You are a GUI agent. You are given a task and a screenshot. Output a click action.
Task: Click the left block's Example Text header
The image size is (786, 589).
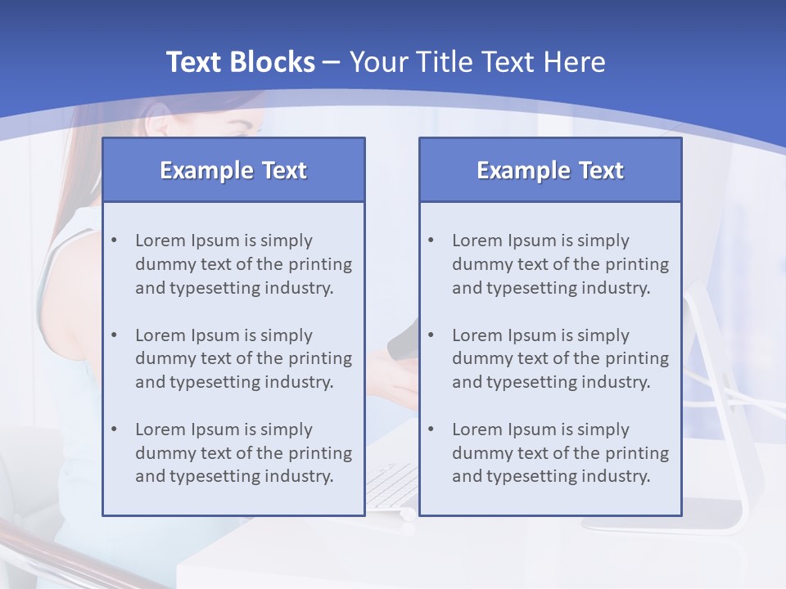[233, 170]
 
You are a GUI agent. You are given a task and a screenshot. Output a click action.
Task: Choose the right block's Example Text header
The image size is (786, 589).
[550, 170]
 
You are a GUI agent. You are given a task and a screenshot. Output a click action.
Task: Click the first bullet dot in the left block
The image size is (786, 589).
[114, 241]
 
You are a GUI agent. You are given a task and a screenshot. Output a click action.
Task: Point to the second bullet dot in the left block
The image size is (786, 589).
[114, 335]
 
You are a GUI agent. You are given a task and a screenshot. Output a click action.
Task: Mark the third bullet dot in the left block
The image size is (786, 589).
[114, 429]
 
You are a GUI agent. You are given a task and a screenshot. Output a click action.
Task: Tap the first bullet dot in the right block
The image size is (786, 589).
[431, 241]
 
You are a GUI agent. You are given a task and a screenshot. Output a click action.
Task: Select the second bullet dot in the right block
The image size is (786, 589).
[431, 335]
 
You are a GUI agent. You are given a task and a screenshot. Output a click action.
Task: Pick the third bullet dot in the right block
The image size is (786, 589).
[431, 429]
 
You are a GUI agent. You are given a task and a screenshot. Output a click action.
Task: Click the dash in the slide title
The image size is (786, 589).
[332, 62]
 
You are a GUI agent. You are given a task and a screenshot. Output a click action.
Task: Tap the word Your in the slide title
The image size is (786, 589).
[375, 62]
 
